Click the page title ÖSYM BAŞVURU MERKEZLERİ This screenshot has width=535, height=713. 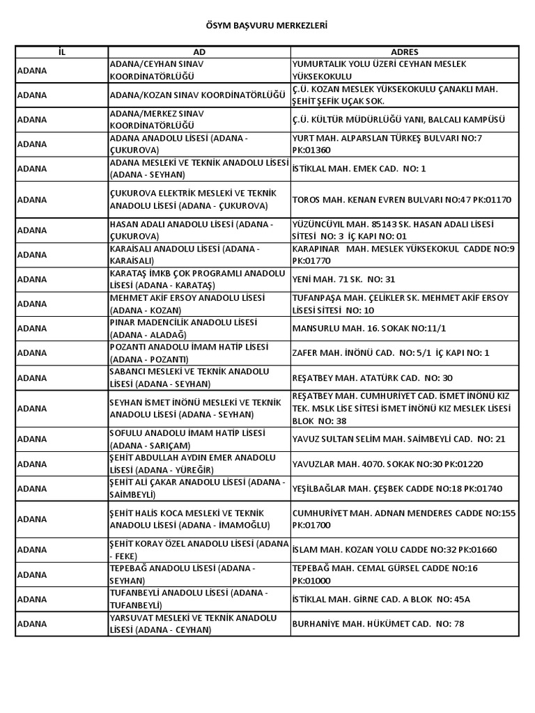[267, 25]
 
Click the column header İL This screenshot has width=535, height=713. [61, 52]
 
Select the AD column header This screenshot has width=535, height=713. [199, 52]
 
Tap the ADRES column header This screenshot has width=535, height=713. [404, 52]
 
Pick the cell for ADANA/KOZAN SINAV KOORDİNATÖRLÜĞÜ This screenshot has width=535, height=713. [199, 95]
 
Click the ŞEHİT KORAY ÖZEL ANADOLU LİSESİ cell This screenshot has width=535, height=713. [199, 549]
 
